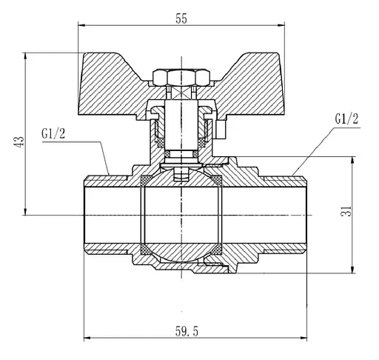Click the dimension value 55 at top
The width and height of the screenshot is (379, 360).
click(x=181, y=19)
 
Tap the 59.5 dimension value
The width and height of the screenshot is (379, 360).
click(x=187, y=331)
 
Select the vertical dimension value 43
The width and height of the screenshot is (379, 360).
click(x=19, y=142)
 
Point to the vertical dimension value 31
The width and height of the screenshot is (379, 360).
click(x=346, y=211)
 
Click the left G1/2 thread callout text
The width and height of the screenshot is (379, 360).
click(x=53, y=133)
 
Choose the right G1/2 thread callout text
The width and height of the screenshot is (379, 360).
click(x=346, y=119)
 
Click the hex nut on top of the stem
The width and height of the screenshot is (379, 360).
click(x=181, y=78)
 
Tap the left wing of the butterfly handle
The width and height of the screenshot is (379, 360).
click(x=109, y=84)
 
